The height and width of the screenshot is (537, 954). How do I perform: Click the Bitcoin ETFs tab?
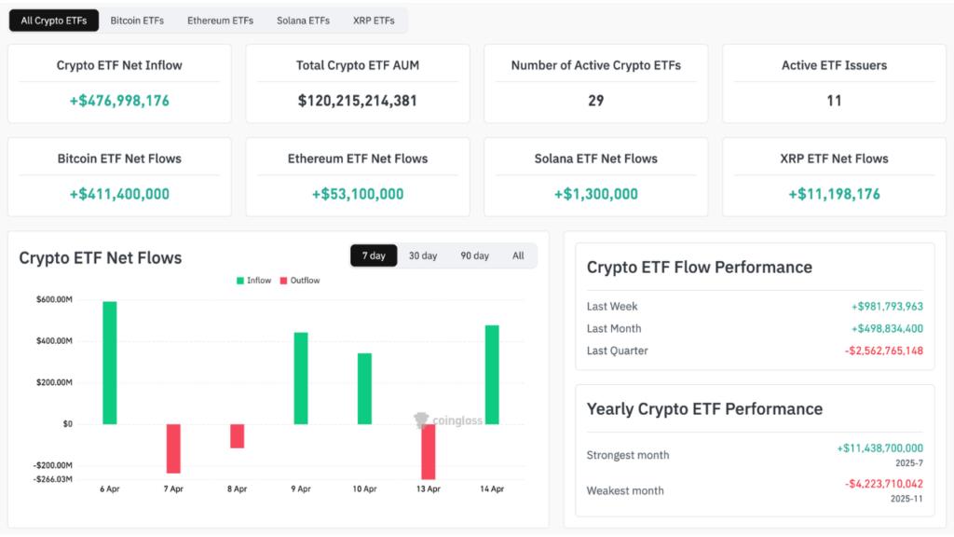138,21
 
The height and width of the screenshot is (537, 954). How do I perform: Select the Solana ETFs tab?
303,21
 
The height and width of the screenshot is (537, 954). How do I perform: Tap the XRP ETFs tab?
374,21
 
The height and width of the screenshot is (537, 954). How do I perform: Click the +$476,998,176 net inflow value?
119,101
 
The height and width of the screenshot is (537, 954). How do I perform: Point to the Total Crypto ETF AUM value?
358,101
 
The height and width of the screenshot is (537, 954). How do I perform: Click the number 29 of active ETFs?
596,101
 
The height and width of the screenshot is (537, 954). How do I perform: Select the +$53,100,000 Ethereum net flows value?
358,194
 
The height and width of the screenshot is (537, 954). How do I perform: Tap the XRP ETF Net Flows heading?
834,158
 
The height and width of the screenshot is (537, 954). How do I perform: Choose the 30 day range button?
423,255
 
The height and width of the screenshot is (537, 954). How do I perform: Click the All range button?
518,255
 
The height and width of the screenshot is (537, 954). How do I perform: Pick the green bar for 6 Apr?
110,363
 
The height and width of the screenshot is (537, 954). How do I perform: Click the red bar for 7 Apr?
173,448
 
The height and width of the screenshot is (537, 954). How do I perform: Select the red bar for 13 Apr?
429,451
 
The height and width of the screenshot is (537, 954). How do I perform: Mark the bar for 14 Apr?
492,375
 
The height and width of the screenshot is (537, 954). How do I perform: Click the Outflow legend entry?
300,281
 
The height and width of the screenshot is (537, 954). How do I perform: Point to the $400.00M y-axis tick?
55,341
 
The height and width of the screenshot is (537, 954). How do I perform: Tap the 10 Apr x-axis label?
364,489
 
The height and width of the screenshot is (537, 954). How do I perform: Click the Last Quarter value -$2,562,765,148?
883,351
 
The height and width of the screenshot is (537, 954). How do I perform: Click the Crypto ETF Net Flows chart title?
101,257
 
